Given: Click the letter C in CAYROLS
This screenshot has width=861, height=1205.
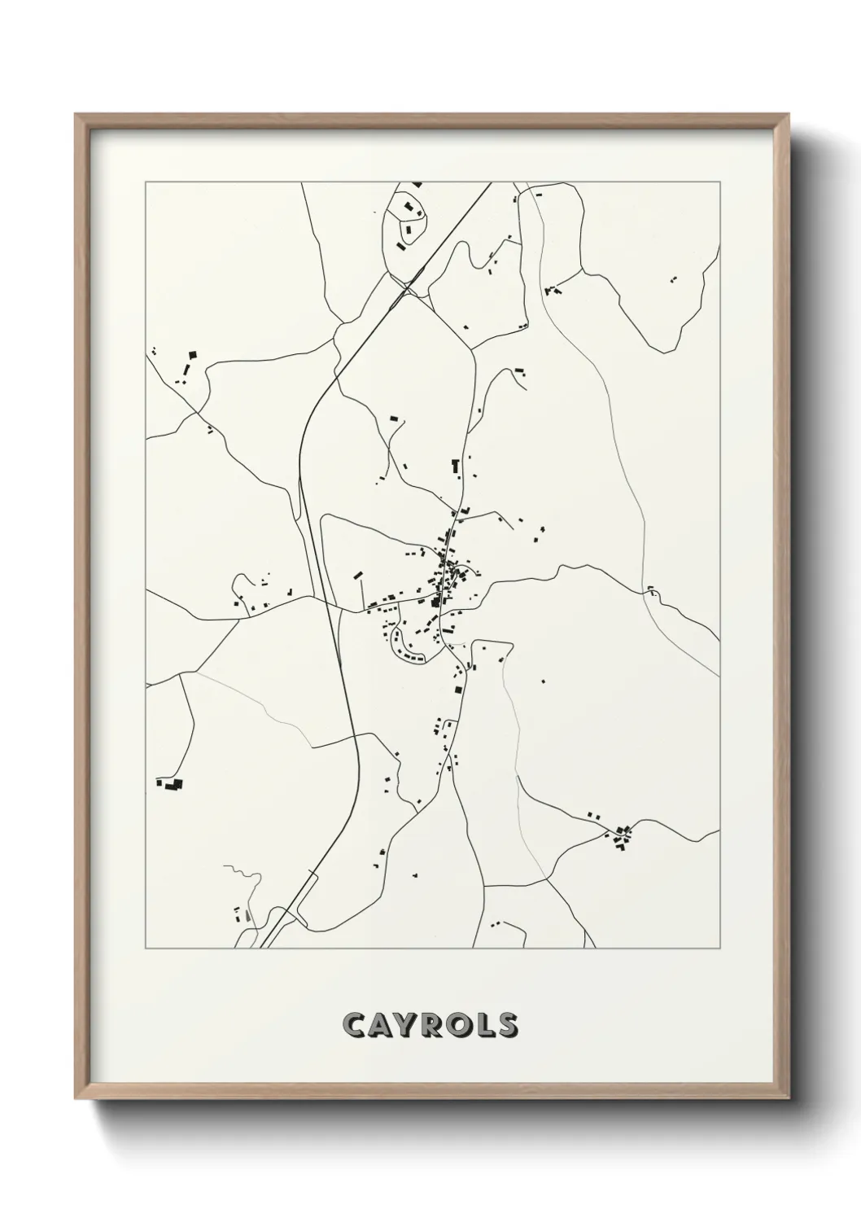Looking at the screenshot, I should (356, 1025).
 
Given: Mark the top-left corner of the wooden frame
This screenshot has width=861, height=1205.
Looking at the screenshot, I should (76, 115).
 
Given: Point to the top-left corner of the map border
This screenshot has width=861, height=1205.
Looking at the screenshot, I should (146, 182).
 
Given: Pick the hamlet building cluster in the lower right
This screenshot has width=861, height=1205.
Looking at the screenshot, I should (623, 835).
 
